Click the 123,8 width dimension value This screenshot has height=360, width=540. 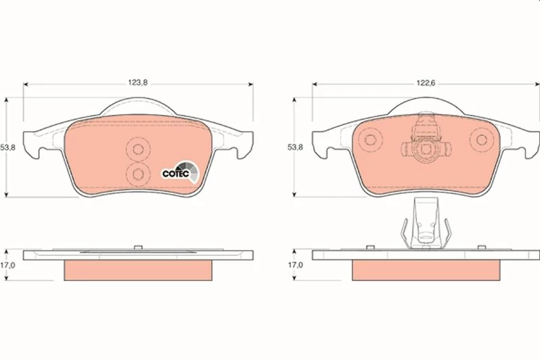click(138, 82)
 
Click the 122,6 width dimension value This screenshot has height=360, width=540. click(426, 82)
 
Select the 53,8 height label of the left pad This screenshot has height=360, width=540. click(7, 147)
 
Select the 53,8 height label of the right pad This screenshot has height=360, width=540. click(295, 147)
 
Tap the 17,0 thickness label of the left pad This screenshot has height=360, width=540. click(7, 265)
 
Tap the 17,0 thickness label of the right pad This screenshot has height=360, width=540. click(295, 265)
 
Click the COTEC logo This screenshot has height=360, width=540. click(180, 171)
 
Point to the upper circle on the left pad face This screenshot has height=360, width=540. click(138, 149)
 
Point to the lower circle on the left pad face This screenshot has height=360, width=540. click(138, 174)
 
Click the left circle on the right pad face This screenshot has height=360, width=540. click(370, 140)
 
